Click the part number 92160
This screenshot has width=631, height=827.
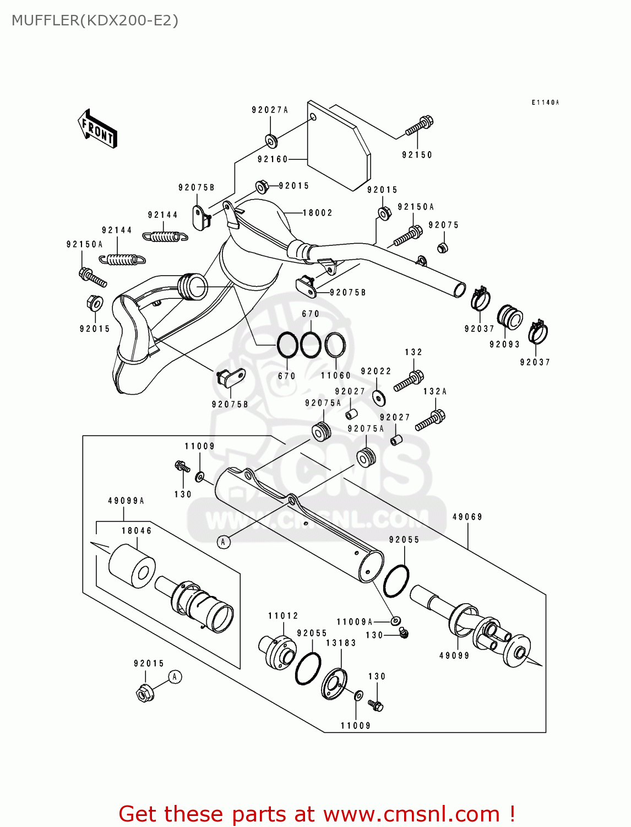[x=273, y=159]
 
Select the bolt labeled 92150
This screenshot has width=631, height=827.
[x=420, y=126]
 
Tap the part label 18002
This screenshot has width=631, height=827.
[x=318, y=213]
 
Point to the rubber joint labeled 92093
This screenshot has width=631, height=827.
[x=510, y=317]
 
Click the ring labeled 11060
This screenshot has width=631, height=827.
[x=335, y=346]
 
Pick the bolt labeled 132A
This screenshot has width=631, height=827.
[x=430, y=421]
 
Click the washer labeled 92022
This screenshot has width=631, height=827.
[x=379, y=398]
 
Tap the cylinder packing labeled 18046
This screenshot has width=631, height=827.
[x=132, y=567]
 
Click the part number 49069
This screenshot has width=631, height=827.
[x=467, y=517]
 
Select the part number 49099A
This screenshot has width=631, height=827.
[x=126, y=501]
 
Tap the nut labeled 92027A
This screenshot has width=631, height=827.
[x=271, y=141]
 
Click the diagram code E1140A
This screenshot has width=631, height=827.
[x=545, y=103]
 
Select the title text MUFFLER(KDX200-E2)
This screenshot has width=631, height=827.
[x=95, y=20]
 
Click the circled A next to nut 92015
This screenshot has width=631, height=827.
[x=175, y=676]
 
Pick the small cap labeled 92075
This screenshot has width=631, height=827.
[x=442, y=247]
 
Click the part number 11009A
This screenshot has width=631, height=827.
[x=355, y=622]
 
